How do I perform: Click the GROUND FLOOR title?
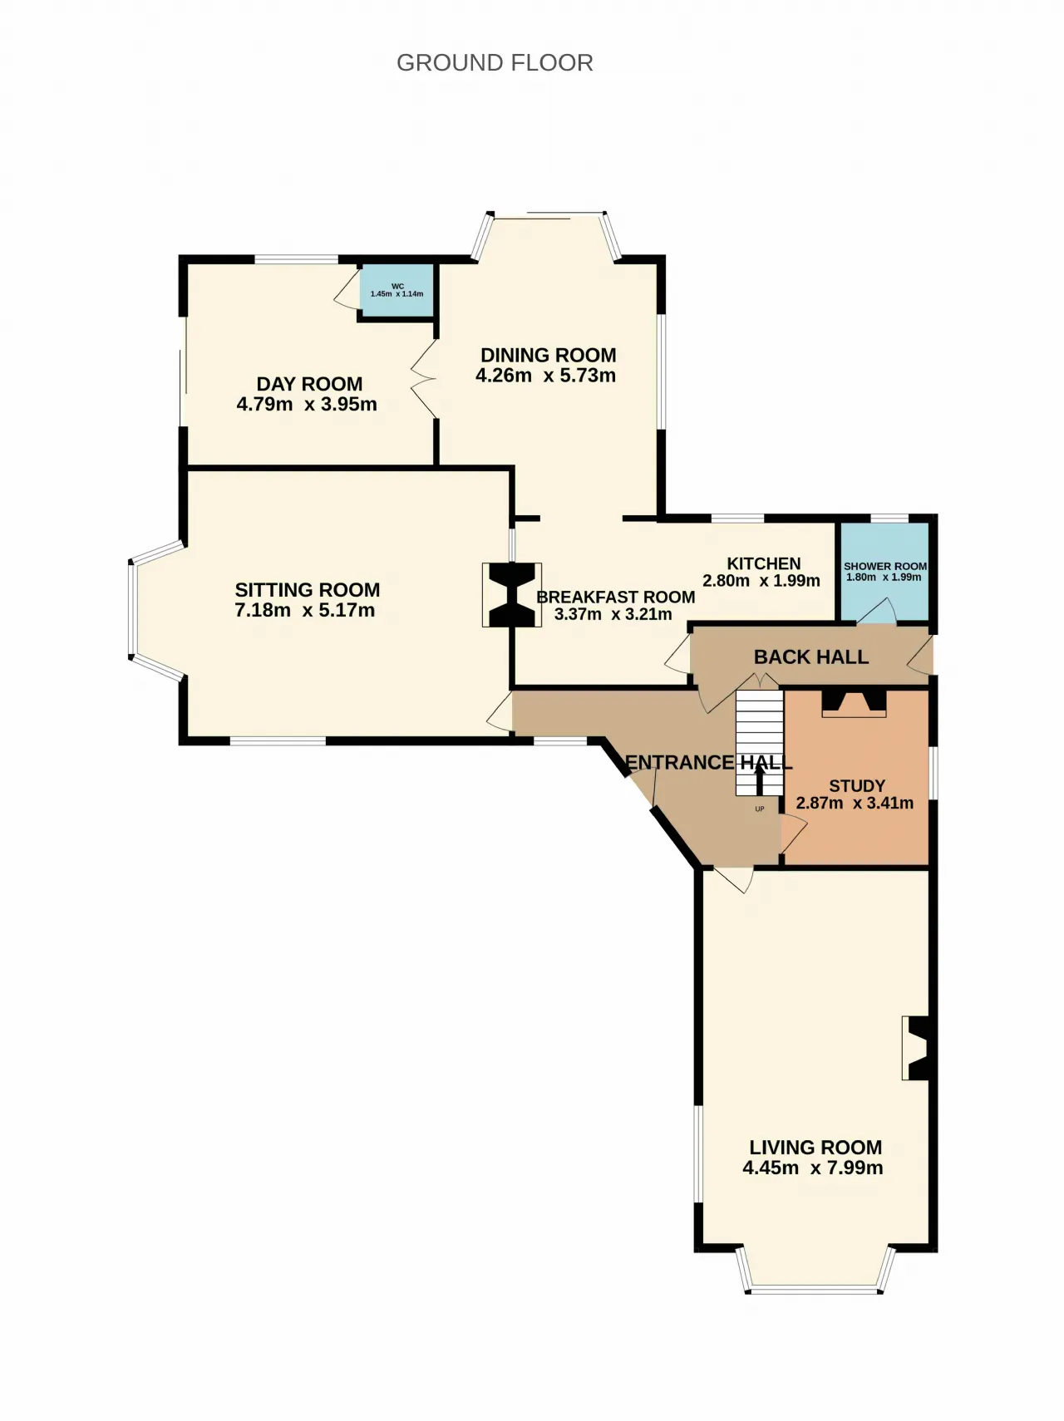(495, 63)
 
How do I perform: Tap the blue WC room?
(397, 291)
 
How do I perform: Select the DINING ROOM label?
(549, 355)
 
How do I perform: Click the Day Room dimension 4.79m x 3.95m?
(307, 405)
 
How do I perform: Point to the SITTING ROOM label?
(308, 590)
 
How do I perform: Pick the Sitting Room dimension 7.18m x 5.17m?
(305, 611)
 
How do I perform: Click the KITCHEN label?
(764, 563)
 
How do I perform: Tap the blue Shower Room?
(884, 572)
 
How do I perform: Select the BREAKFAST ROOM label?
(616, 597)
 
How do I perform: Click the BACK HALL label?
(811, 657)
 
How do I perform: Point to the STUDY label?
(857, 786)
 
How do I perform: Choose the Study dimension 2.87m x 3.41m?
(855, 804)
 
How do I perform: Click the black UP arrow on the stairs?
(760, 779)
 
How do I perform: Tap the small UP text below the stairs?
(760, 809)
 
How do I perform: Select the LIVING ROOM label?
(815, 1148)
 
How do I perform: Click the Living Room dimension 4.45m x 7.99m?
(813, 1168)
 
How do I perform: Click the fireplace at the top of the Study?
(854, 703)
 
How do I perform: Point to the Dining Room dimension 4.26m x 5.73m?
(546, 376)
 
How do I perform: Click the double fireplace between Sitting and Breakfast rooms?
(512, 595)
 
